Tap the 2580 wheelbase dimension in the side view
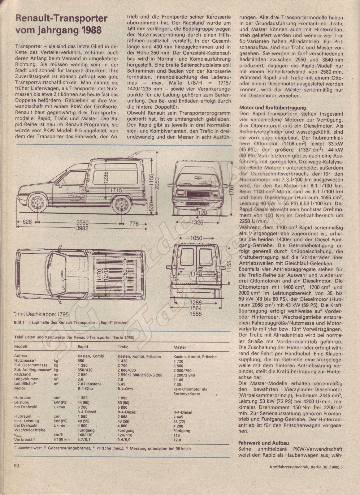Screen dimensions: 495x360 82,223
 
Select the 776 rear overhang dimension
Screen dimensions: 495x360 134,223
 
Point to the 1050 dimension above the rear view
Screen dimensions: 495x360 196,238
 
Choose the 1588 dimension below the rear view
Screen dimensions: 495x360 196,314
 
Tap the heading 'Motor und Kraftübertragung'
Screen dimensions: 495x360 273,108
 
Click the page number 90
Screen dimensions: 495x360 17,466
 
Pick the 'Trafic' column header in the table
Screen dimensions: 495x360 123,347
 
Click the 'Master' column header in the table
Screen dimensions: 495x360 180,347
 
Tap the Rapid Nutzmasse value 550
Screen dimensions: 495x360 81,361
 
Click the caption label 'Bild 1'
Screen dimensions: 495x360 20,322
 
